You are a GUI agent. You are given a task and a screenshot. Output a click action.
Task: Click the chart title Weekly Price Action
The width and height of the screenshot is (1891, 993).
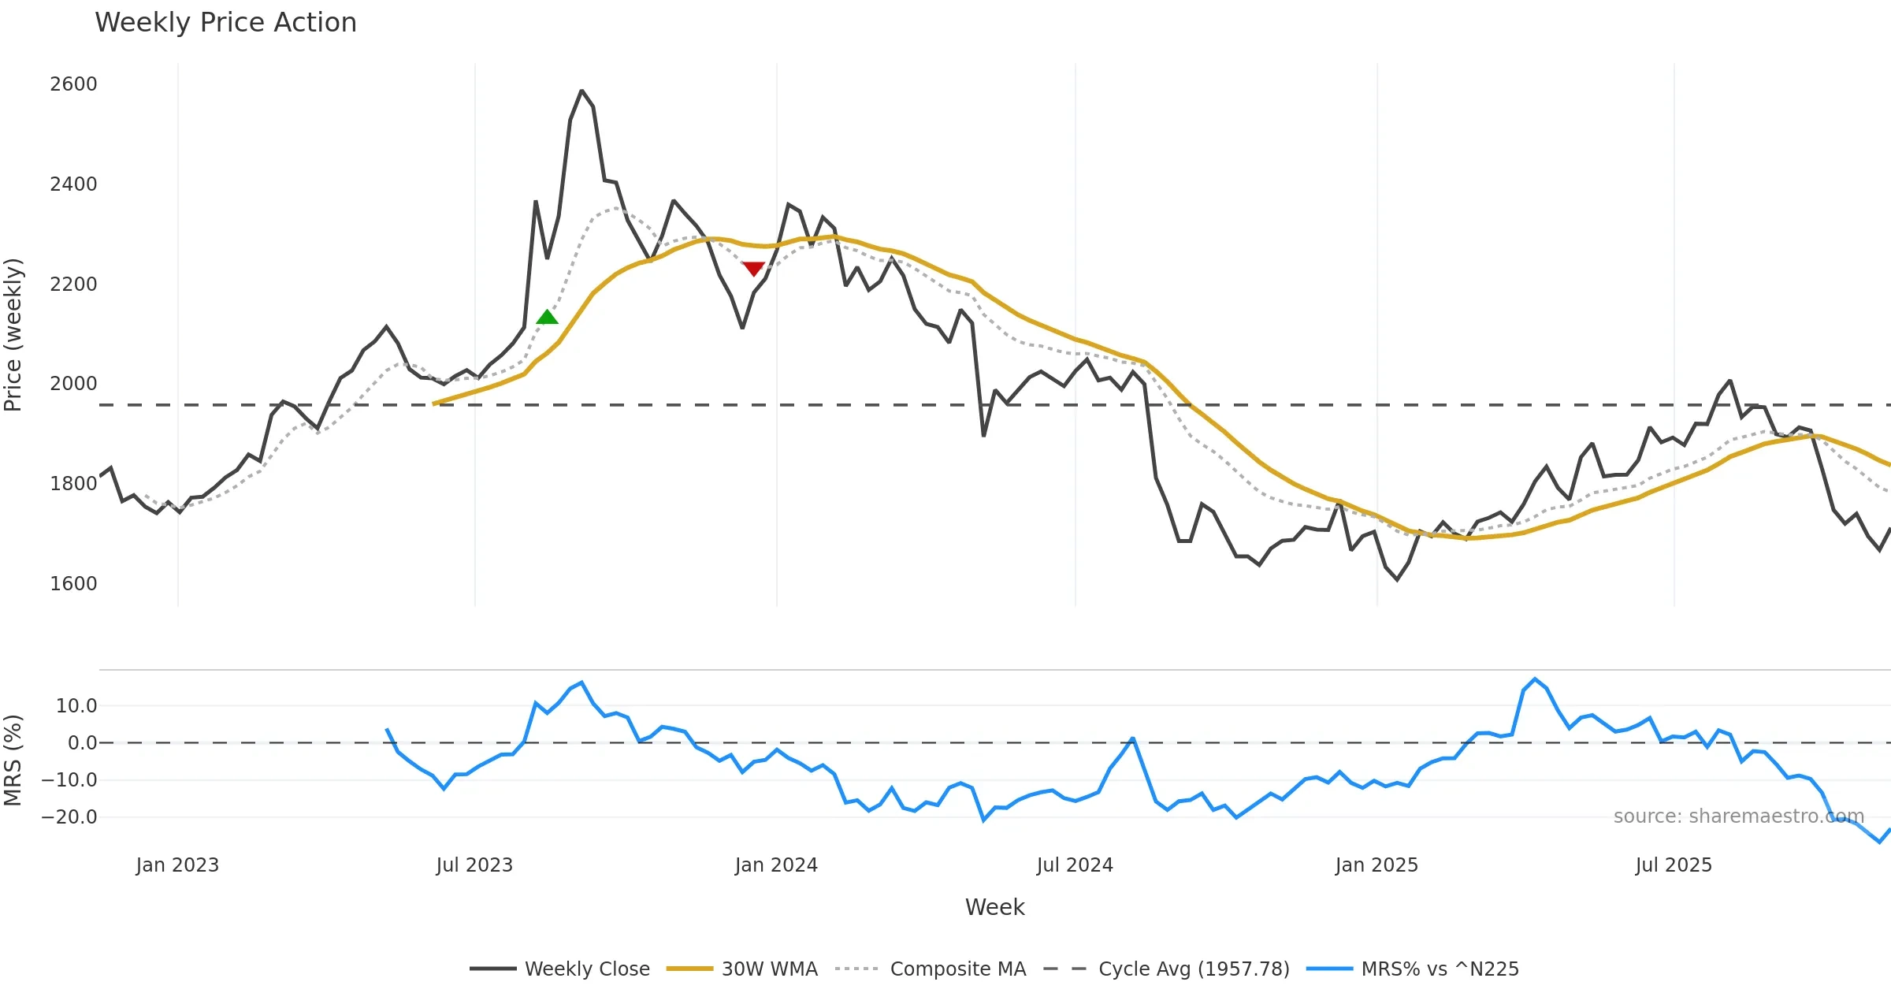[225, 23]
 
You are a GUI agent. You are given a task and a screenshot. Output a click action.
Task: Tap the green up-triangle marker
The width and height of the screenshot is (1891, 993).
[547, 318]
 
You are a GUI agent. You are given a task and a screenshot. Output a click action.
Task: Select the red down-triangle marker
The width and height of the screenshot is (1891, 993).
[753, 269]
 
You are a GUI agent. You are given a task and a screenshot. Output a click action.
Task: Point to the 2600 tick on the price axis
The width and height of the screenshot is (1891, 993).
[73, 84]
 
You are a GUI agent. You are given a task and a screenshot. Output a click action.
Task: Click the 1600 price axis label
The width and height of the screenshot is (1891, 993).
[73, 584]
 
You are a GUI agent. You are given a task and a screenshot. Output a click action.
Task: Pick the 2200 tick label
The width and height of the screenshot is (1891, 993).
[73, 284]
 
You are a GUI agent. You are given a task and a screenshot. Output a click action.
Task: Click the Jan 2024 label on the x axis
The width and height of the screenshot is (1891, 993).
[776, 865]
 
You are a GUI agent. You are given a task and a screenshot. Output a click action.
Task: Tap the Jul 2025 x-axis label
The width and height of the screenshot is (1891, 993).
[1674, 865]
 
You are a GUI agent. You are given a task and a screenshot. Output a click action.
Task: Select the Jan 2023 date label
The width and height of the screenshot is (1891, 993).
[177, 865]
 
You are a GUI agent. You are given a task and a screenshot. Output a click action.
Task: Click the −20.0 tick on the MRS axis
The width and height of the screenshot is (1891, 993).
[69, 817]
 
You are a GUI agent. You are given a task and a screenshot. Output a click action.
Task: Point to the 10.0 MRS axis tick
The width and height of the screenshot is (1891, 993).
[76, 706]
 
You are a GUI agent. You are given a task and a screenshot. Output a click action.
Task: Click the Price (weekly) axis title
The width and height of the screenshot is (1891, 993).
[13, 335]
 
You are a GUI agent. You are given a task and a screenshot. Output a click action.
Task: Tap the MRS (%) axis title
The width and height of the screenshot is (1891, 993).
[13, 761]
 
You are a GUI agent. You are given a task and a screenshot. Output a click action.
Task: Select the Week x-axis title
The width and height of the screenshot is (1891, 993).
[994, 908]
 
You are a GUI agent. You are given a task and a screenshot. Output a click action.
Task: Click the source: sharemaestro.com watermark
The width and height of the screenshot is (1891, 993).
[1738, 816]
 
